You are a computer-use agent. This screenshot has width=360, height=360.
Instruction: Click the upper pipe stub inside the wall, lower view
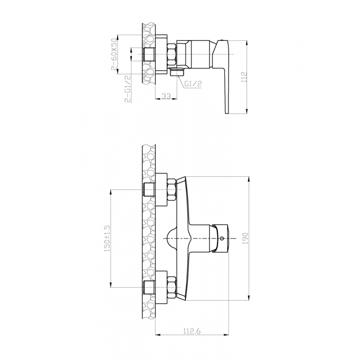pyautogui.click(x=148, y=189)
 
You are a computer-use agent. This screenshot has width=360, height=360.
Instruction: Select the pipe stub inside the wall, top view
pyautogui.click(x=148, y=54)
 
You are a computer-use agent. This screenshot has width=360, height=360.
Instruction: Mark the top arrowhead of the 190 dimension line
pyautogui.click(x=249, y=178)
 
